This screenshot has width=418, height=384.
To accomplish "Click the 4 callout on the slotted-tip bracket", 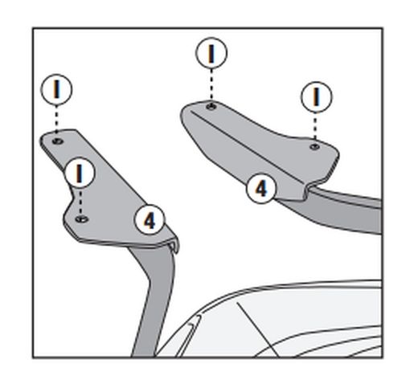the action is pos(150,220).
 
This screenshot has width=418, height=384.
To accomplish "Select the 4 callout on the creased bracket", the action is pos(261,188).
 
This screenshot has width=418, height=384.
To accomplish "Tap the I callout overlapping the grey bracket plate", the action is pos(79,172).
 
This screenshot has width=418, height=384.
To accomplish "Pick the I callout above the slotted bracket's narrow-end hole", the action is pos(56,89).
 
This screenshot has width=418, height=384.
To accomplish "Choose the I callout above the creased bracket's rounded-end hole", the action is pos(211,53).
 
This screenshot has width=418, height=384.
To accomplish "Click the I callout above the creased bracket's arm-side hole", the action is pos(317,97).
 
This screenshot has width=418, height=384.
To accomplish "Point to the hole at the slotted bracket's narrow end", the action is pos(58,141).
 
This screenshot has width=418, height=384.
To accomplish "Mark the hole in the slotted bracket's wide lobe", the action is pos(82,219).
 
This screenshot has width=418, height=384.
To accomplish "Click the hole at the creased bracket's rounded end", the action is pos(211,107).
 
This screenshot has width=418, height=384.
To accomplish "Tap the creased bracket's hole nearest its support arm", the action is pos(315,147).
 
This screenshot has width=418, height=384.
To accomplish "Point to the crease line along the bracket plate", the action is pos(247,147).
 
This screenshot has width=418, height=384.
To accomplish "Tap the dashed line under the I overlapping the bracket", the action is pos(80,202).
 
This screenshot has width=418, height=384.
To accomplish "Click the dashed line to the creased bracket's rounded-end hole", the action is pos(211,86).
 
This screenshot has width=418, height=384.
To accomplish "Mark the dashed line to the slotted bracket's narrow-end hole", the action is pos(56,122).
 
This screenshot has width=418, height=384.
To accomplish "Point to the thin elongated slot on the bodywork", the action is pos(188,336).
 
